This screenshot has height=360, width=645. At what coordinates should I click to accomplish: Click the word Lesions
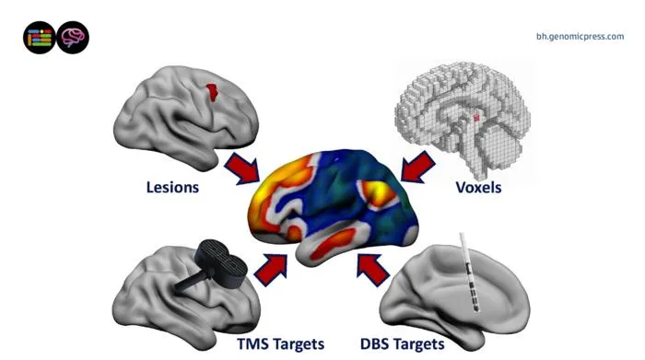click(x=172, y=188)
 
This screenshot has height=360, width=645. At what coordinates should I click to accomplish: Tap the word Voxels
click(x=478, y=188)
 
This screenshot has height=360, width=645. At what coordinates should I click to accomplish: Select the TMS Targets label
click(x=280, y=343)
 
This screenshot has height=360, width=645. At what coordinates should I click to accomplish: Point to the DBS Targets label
click(x=403, y=343)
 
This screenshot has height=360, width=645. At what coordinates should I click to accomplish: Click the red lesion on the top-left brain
click(x=212, y=92)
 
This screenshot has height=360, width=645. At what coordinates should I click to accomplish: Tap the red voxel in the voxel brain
click(x=476, y=118)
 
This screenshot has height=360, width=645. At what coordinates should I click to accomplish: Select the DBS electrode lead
click(x=469, y=273)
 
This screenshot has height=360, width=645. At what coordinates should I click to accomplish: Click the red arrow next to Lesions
click(x=242, y=168)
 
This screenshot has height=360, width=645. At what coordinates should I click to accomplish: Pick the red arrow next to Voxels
click(x=417, y=167)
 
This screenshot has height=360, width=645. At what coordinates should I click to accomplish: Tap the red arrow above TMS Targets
click(x=271, y=269)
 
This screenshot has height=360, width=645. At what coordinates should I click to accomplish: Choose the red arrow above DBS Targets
click(x=372, y=269)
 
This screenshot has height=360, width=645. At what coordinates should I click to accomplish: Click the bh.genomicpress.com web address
click(x=580, y=37)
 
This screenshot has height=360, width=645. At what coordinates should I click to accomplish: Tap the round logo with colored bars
click(x=40, y=38)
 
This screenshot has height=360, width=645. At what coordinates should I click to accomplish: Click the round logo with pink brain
click(x=73, y=38)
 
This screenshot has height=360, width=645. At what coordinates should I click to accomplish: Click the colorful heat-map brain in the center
click(x=334, y=205)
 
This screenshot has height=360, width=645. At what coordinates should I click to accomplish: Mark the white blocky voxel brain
click(x=463, y=117)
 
